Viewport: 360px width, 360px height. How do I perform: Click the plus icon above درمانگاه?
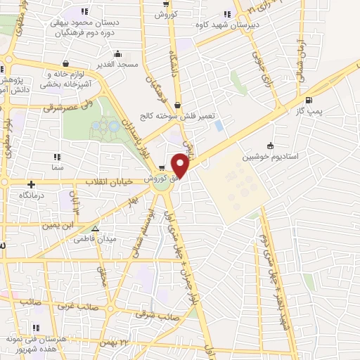[32, 184]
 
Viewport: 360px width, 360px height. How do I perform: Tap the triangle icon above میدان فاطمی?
[96, 228]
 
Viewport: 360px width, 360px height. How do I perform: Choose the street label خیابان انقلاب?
[110, 181]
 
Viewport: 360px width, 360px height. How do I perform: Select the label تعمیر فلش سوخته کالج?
[178, 116]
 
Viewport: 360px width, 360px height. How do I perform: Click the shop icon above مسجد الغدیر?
[117, 53]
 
